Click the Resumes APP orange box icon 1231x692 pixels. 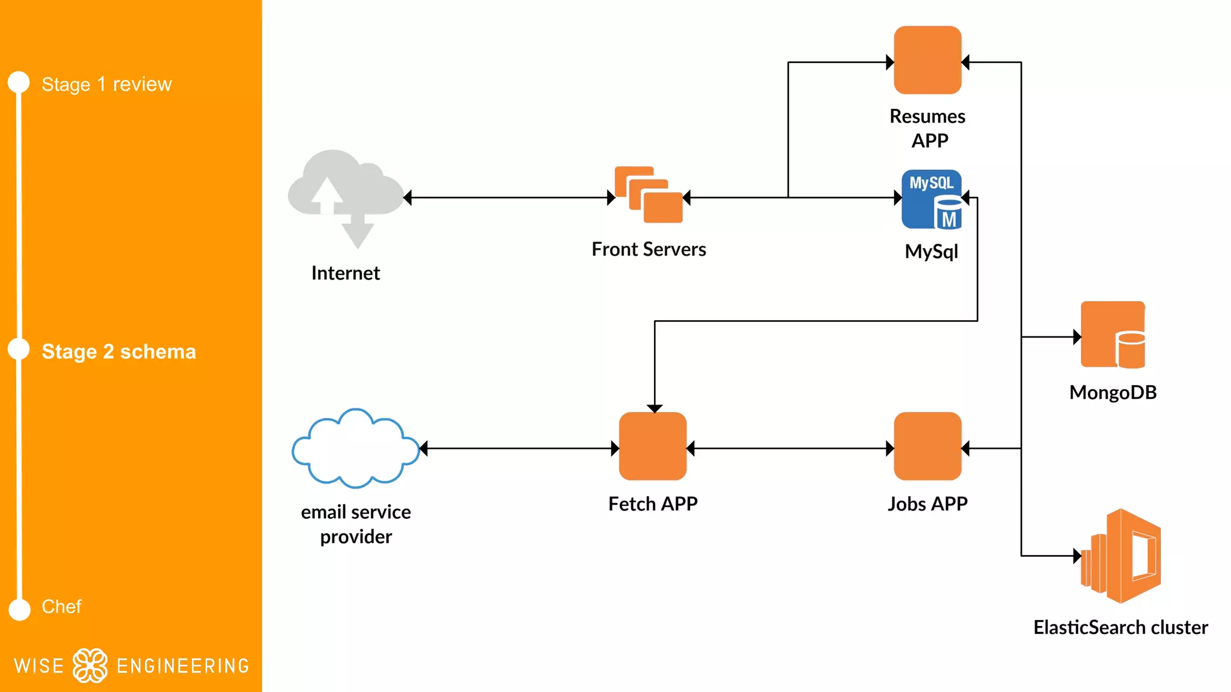(927, 60)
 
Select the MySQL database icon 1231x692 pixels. (932, 199)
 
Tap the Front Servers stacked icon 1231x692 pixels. (649, 195)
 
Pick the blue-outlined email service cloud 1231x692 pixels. (356, 448)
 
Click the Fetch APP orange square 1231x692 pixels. (653, 446)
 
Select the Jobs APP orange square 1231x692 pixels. (927, 446)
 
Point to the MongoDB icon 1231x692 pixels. (1113, 335)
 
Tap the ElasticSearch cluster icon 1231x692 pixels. (1121, 556)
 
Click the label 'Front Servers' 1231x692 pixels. (649, 249)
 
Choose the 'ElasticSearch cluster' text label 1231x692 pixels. (1120, 627)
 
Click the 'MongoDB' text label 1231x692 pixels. (1113, 393)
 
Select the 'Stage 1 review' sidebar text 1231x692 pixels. (106, 84)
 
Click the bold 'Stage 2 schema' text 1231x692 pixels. (118, 351)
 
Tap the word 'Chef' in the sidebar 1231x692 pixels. (61, 607)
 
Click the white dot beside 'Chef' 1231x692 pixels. (20, 609)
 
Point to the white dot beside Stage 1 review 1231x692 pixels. (19, 82)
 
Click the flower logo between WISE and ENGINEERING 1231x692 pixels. (90, 666)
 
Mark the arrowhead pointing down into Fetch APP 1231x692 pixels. (655, 408)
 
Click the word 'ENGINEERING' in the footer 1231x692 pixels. (183, 666)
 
